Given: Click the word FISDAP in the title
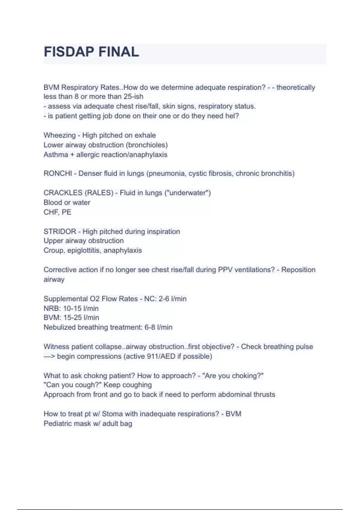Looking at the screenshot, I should (x=69, y=52).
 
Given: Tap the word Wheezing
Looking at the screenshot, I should (x=59, y=135).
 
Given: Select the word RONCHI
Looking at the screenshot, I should (x=58, y=173).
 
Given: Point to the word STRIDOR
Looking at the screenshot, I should (x=60, y=232).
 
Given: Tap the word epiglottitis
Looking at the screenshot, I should (x=84, y=250).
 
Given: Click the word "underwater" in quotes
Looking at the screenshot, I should (x=187, y=193).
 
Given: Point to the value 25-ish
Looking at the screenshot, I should (x=133, y=97).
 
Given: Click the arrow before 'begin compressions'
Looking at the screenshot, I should (x=49, y=356).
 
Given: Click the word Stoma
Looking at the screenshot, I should (x=112, y=414).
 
